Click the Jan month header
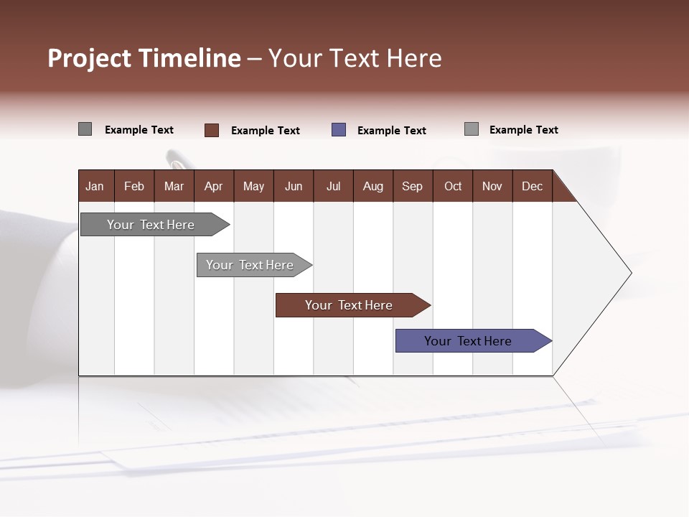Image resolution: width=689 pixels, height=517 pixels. click(x=95, y=186)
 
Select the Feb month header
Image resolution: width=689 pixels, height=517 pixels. click(x=134, y=186)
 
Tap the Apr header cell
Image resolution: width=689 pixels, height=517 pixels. click(x=213, y=186)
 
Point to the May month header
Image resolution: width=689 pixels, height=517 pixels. click(x=253, y=186)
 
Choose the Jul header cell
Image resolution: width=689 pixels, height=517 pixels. click(x=333, y=186)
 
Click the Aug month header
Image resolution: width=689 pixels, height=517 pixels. click(x=372, y=186)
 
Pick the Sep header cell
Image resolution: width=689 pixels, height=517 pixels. click(x=412, y=186)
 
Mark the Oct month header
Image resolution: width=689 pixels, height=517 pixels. click(x=453, y=186)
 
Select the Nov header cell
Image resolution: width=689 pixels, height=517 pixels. click(x=492, y=186)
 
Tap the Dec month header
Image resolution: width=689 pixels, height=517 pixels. click(x=532, y=186)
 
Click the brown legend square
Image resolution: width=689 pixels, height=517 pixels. click(x=212, y=130)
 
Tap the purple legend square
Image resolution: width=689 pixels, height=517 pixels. click(x=339, y=130)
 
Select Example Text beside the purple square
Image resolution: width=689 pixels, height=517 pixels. click(x=392, y=131)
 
